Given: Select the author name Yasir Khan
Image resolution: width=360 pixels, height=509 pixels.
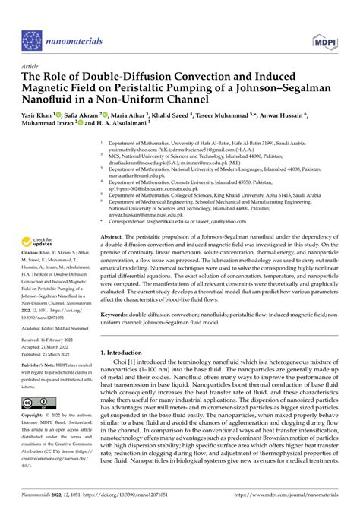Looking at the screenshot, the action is [39, 118].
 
